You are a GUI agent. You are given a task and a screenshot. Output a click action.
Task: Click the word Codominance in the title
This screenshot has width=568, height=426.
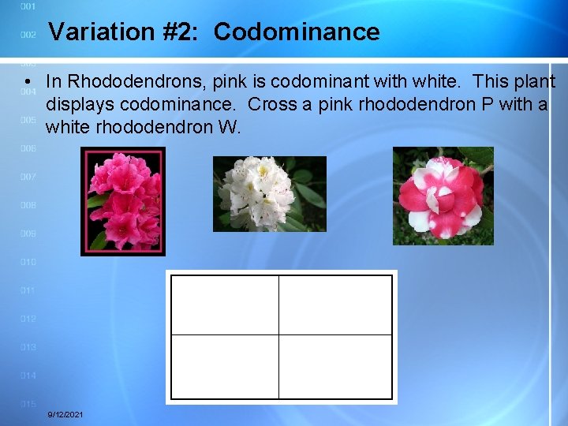[297, 32]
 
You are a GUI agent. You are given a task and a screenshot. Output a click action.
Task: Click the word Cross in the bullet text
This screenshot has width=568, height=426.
[270, 104]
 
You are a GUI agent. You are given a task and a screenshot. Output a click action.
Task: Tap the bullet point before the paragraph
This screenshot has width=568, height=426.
[28, 83]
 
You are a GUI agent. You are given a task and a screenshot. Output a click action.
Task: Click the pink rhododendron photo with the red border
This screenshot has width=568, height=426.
[123, 202]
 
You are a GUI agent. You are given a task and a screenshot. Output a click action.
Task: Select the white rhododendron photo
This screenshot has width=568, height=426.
[269, 193]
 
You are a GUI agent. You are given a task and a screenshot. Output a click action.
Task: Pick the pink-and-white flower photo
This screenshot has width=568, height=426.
[443, 196]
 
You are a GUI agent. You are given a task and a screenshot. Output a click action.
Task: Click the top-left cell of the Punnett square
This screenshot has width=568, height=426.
[225, 305]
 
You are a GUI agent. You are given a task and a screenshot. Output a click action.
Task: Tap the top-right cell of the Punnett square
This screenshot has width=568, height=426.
[335, 305]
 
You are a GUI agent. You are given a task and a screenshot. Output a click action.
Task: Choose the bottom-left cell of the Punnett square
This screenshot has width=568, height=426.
[225, 366]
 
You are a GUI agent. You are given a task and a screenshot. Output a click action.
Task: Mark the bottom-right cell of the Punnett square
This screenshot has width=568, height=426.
[335, 366]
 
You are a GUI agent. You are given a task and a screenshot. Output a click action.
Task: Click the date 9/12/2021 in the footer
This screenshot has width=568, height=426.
[65, 415]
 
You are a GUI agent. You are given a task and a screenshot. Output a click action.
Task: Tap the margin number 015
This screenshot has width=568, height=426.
[28, 404]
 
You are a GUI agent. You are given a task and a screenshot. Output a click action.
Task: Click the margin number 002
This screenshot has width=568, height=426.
[28, 35]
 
